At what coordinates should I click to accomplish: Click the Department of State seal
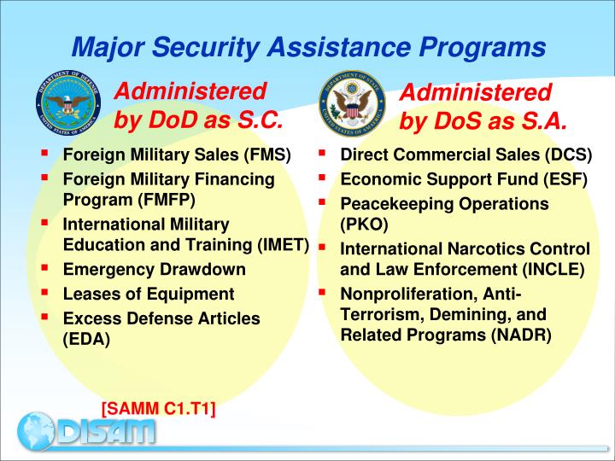[x=351, y=108]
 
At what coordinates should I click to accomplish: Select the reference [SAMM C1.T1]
[x=158, y=410]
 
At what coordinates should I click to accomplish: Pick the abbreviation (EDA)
[x=87, y=337]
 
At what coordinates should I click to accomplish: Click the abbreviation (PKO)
[x=364, y=225]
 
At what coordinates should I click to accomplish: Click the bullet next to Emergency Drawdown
[x=44, y=268]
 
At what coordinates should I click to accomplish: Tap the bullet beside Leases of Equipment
[x=44, y=292]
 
